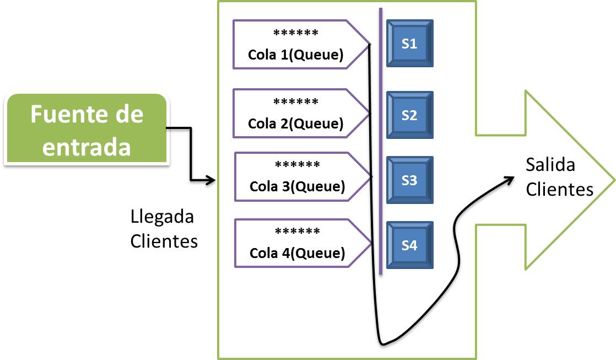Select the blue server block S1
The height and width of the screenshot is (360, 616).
tap(409, 44)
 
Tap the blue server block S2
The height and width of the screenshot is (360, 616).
tap(409, 115)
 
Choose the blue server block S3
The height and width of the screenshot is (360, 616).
tap(409, 180)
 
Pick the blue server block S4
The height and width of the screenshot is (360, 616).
tap(409, 245)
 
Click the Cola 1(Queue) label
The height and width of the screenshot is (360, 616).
tap(296, 55)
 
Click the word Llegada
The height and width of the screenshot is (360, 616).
tap(162, 217)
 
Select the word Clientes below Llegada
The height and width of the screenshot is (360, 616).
tap(164, 241)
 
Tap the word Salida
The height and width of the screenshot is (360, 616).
tap(550, 165)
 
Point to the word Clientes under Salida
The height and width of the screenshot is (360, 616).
tap(559, 189)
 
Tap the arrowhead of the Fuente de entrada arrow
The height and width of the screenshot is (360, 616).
tap(210, 180)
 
